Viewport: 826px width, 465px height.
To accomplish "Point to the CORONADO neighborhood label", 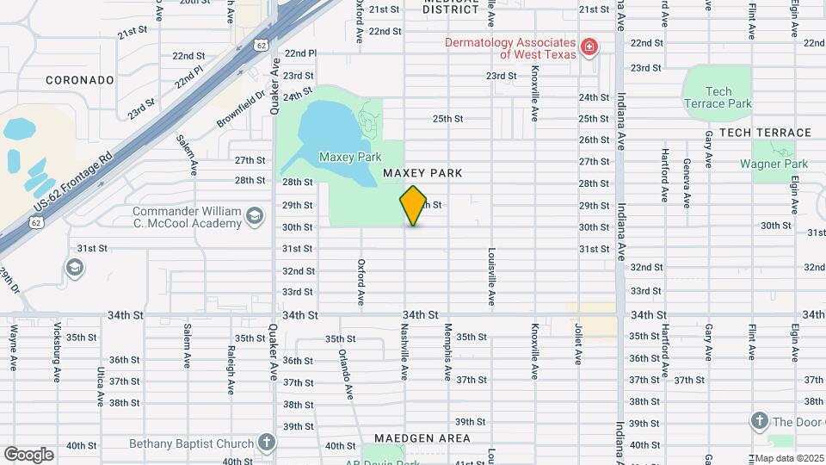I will coord(80,80).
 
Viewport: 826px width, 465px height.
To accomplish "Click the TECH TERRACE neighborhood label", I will coord(765,133).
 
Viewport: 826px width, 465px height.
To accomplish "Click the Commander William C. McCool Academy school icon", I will coord(254,216).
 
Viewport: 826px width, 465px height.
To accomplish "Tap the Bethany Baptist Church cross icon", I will coord(267,443).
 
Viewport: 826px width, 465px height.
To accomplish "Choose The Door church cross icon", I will coord(759,421).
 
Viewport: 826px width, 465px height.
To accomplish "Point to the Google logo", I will coord(28,455).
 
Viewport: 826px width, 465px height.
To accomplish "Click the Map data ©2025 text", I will coord(789,458).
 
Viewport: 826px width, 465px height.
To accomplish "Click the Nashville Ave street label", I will coord(404,352).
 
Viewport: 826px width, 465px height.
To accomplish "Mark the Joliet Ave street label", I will coord(576,344).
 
